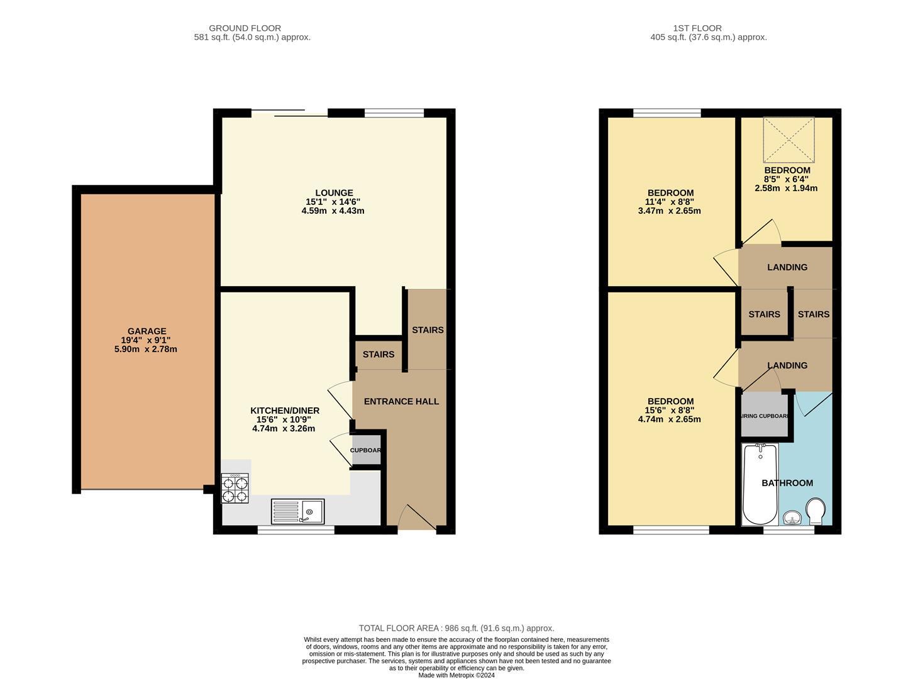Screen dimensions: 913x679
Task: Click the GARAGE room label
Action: (x=147, y=331)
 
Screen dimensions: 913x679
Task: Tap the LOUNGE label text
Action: (x=334, y=193)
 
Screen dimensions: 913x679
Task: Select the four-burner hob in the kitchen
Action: (x=235, y=489)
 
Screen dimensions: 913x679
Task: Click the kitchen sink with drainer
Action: (x=297, y=511)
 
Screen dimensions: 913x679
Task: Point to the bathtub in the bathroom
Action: (x=760, y=485)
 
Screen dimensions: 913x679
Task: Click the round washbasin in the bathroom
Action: (x=792, y=517)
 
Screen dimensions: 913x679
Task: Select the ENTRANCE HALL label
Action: (x=401, y=402)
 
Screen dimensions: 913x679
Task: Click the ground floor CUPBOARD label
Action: (x=365, y=450)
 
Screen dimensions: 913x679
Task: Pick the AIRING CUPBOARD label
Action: (x=765, y=416)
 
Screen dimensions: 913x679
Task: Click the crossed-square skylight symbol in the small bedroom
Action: (x=788, y=140)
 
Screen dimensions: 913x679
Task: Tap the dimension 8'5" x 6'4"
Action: (x=787, y=179)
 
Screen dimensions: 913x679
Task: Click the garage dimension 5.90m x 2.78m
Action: (x=146, y=349)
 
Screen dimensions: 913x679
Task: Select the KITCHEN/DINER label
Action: (x=285, y=411)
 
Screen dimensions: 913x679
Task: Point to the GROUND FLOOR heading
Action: (x=245, y=28)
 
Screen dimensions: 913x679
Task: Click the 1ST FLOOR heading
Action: (x=697, y=28)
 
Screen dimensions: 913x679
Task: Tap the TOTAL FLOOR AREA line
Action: (x=456, y=628)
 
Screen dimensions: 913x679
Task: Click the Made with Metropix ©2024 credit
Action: (x=456, y=675)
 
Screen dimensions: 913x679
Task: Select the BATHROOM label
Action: (x=787, y=483)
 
